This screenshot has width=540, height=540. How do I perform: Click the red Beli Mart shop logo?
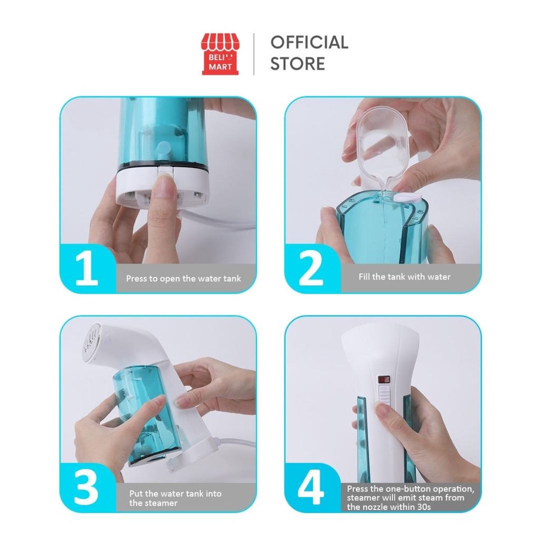[220, 54]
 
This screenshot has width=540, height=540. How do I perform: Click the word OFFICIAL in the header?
[309, 42]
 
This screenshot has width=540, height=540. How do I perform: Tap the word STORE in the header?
[297, 64]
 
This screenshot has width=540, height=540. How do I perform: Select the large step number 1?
[86, 268]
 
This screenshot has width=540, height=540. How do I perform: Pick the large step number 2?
[311, 268]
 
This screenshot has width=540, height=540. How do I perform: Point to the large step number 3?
[86, 487]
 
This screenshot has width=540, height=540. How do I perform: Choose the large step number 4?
[311, 487]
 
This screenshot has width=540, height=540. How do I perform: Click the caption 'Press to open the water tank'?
[183, 278]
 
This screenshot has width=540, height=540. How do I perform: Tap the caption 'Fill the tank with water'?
[404, 277]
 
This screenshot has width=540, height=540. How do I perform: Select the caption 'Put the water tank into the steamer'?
[175, 498]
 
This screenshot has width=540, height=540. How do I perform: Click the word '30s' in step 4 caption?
[422, 507]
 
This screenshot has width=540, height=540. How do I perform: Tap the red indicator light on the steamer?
[384, 380]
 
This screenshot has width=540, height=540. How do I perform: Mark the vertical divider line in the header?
[254, 54]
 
